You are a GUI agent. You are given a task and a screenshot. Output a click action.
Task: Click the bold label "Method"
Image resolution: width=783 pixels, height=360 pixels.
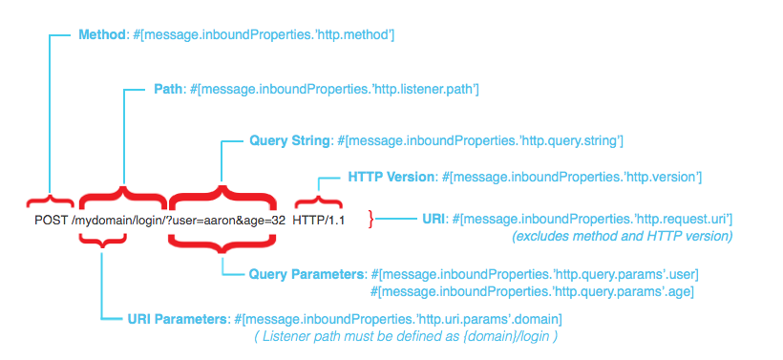pos(101,34)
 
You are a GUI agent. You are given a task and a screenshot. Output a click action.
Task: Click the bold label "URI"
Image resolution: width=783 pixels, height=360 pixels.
pos(433,219)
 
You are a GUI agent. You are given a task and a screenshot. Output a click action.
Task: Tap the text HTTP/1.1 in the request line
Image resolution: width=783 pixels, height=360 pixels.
pos(318,221)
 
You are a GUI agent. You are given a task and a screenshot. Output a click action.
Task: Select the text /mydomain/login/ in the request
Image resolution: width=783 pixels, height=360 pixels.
pos(120,221)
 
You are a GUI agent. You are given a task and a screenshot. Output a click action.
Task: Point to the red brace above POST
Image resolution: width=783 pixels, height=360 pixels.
pos(50,199)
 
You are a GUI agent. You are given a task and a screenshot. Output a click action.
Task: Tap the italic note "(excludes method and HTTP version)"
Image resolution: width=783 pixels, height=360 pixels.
pos(623,235)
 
